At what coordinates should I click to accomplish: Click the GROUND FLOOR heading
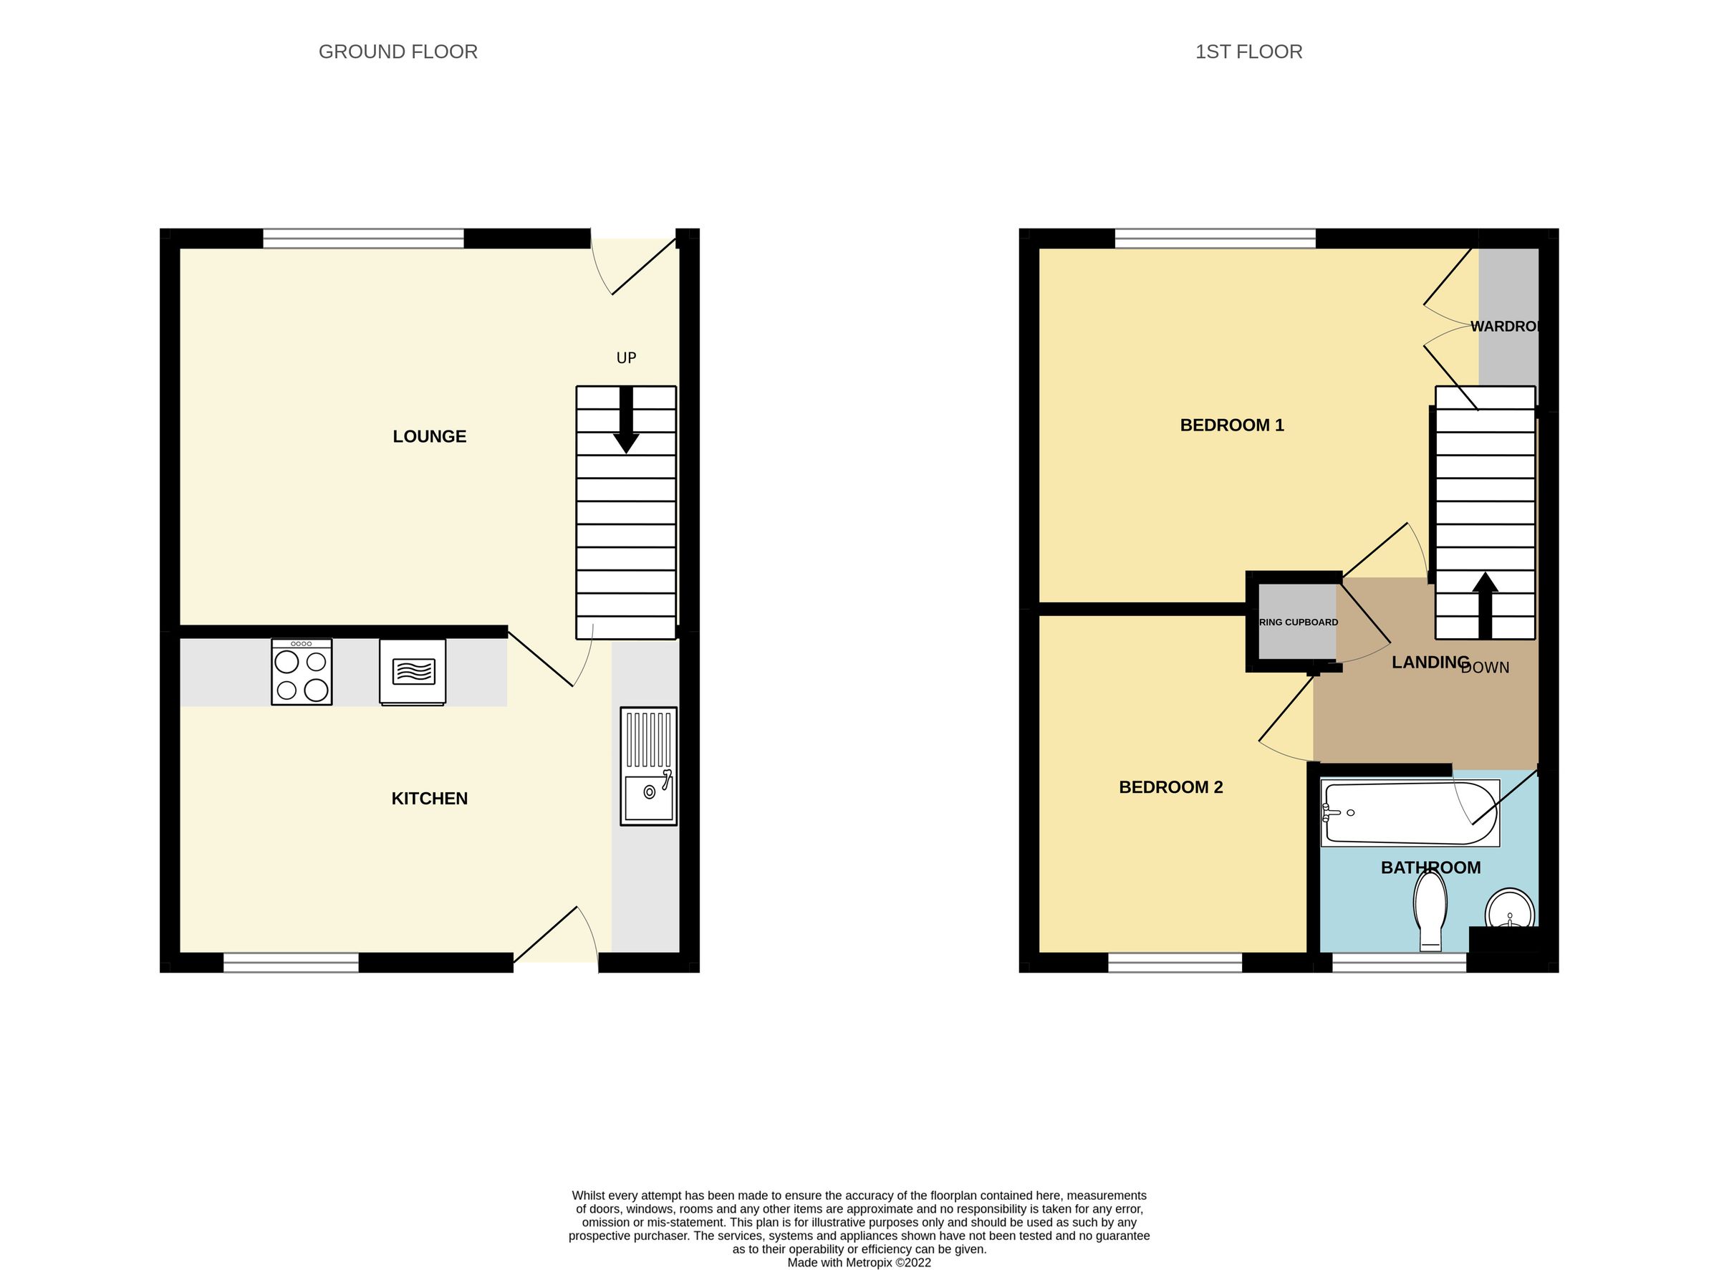[x=398, y=52]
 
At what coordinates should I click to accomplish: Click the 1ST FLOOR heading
[x=1248, y=52]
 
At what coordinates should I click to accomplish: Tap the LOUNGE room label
[x=429, y=437]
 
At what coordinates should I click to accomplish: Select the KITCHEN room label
[x=429, y=799]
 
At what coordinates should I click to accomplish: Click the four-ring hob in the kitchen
[x=302, y=672]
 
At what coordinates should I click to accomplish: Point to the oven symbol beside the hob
[x=413, y=671]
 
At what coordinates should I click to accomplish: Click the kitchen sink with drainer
[x=648, y=766]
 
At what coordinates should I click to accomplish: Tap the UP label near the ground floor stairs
[x=626, y=357]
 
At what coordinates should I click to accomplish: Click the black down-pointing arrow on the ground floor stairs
[x=626, y=420]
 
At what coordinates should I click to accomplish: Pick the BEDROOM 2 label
[x=1170, y=787]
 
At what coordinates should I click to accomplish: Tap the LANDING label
[x=1430, y=662]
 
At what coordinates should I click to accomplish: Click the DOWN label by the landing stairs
[x=1485, y=668]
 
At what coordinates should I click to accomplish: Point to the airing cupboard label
[x=1299, y=622]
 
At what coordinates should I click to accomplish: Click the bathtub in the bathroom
[x=1409, y=812]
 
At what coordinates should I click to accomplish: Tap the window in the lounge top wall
[x=363, y=239]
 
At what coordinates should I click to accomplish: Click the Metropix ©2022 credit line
[x=859, y=1262]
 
